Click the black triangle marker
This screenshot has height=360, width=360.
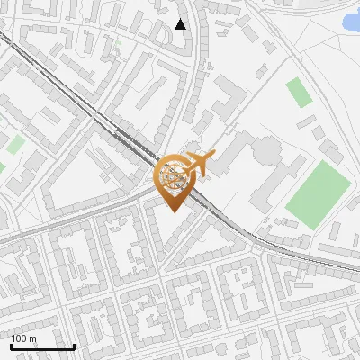[x=181, y=24]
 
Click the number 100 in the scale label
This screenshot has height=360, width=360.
[x=20, y=338]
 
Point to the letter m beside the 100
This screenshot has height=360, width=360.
[x=33, y=338]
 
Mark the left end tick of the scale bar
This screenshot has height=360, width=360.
[x=10, y=346]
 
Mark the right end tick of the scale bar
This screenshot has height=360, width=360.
[x=74, y=346]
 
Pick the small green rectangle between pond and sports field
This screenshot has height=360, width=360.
[x=297, y=91]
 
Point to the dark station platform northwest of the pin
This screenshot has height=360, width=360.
[x=132, y=142]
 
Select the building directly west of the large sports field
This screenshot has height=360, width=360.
[x=276, y=184]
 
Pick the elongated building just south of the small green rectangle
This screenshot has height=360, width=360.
[x=307, y=121]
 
